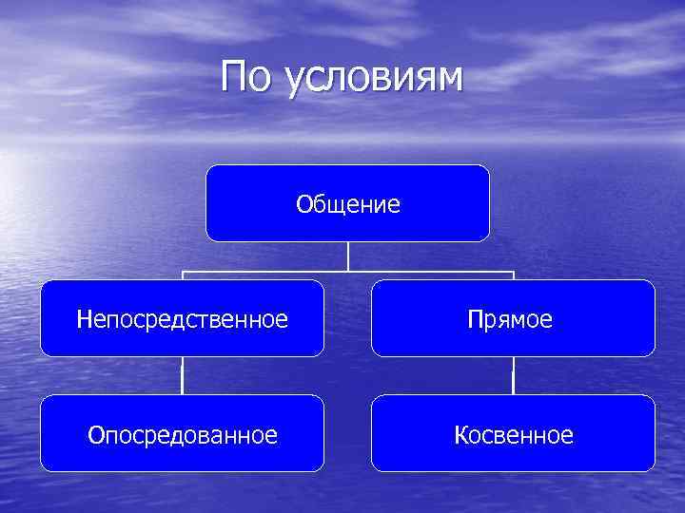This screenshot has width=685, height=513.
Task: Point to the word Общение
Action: tap(347, 204)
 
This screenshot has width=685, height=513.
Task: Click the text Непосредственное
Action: tap(182, 319)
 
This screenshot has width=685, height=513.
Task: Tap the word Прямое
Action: tap(510, 320)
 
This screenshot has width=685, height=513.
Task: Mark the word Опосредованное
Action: tap(182, 435)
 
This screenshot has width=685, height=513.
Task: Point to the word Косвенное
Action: tap(514, 435)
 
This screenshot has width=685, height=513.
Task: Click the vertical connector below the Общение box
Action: tap(348, 256)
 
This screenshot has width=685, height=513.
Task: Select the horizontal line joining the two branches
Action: tap(285, 273)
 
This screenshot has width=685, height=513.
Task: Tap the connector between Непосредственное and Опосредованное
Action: tap(182, 376)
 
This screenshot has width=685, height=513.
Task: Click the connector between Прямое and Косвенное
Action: tap(513, 376)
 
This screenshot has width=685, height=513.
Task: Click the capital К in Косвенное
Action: tap(461, 435)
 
